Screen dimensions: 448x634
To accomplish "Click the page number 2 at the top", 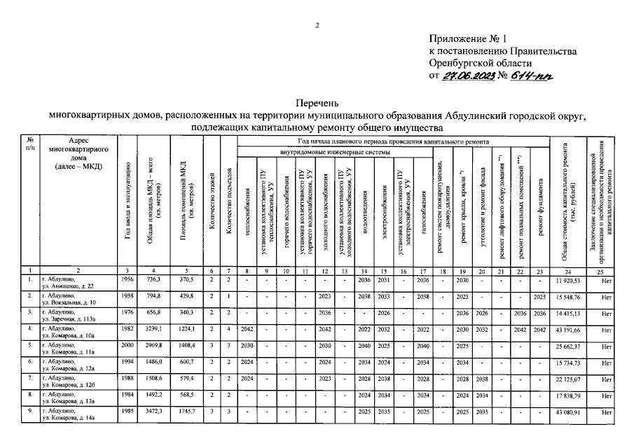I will coord(317,26).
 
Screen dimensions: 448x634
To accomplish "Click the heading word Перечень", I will coord(317,101).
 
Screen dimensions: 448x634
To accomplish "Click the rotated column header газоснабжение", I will coord(422,210).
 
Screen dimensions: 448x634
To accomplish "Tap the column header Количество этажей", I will coord(212,203).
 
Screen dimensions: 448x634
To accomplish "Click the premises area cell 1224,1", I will coord(185,329).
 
